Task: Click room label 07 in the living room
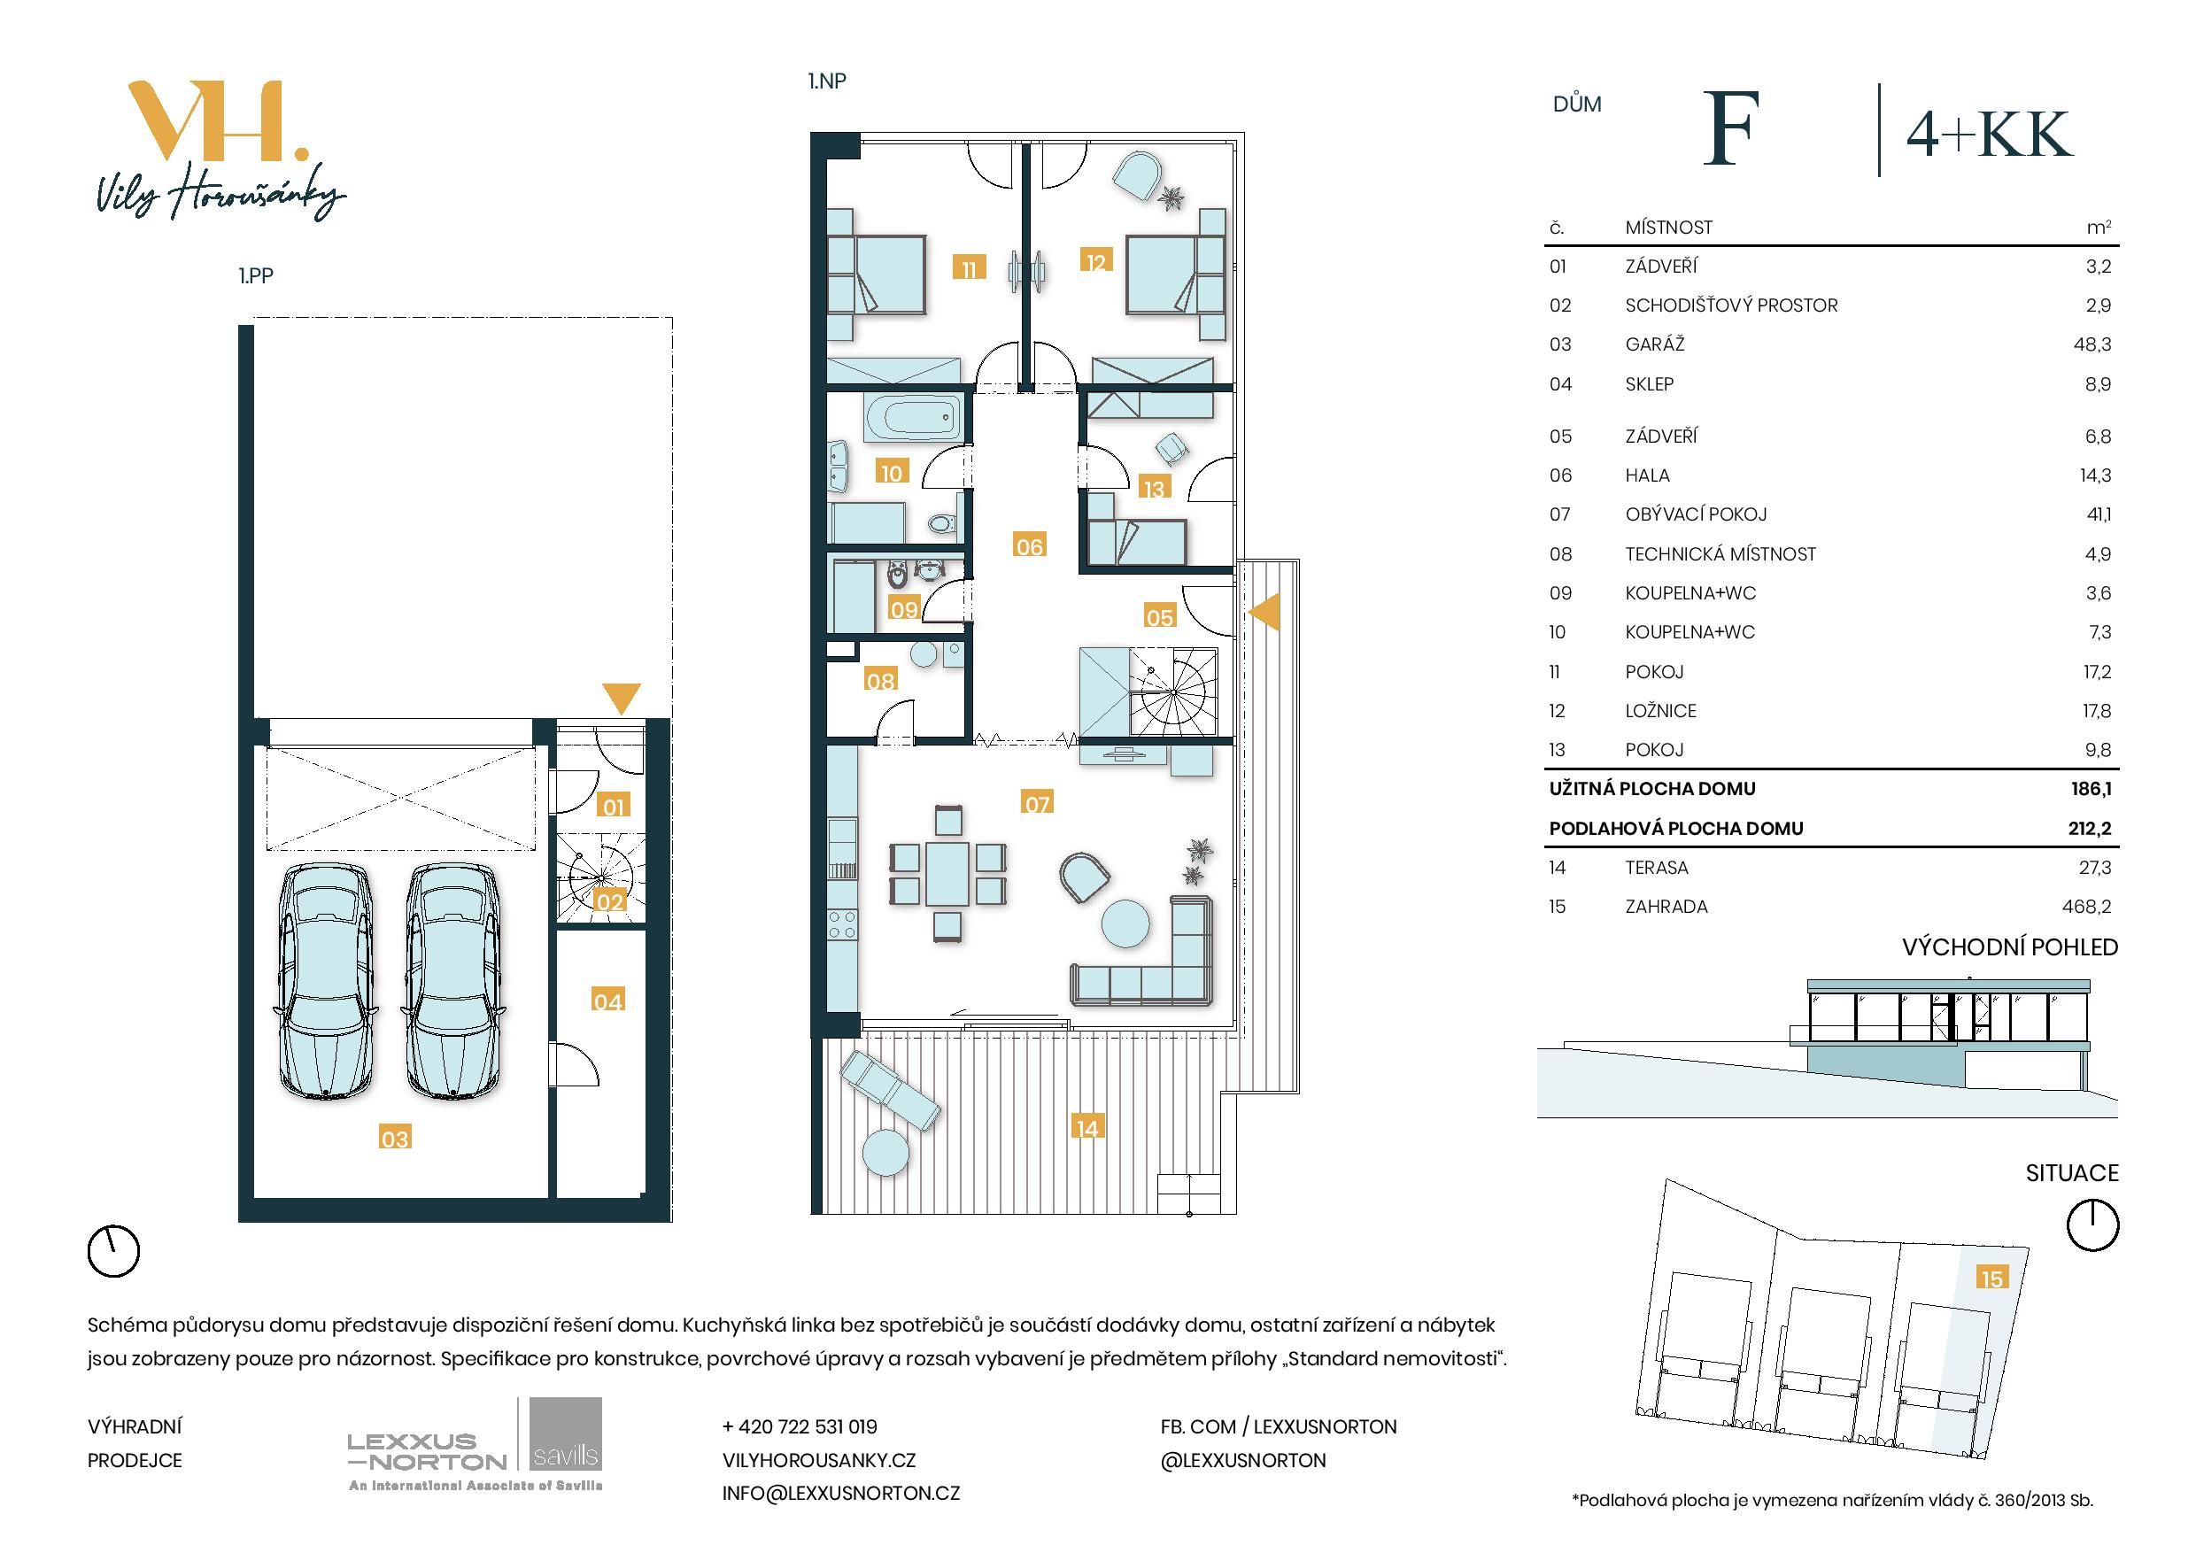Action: tap(1037, 803)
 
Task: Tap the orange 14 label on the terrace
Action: tap(1086, 1128)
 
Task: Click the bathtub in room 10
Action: tap(909, 418)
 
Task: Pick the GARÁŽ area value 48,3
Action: tap(2092, 344)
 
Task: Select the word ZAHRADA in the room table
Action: tap(1666, 907)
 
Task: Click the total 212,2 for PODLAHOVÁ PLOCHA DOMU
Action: tap(2089, 828)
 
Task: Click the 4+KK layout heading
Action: tap(1990, 135)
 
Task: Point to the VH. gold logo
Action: tap(218, 120)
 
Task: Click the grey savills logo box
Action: tap(565, 1433)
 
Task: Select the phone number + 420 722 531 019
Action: tap(799, 1426)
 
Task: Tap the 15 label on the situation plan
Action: tap(1991, 1279)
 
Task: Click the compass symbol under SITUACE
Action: tap(2092, 1225)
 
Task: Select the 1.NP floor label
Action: tap(827, 81)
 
